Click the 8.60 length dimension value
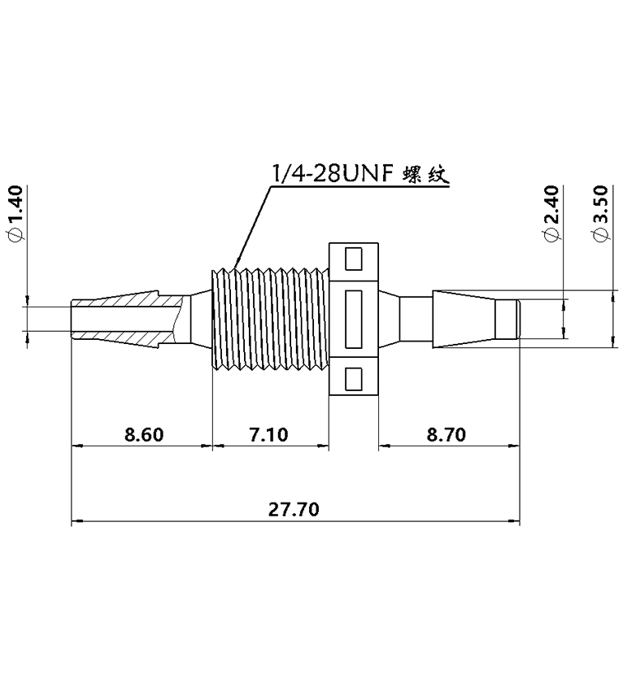[x=144, y=434]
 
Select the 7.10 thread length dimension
[x=268, y=434]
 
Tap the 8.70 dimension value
[x=446, y=434]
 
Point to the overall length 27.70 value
[x=294, y=510]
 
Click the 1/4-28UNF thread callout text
[x=333, y=174]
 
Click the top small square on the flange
[x=354, y=259]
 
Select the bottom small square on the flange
[x=354, y=378]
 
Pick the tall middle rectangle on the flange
[x=354, y=319]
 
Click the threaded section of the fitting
[x=268, y=319]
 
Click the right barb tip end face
[x=518, y=319]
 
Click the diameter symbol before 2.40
[x=551, y=235]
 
